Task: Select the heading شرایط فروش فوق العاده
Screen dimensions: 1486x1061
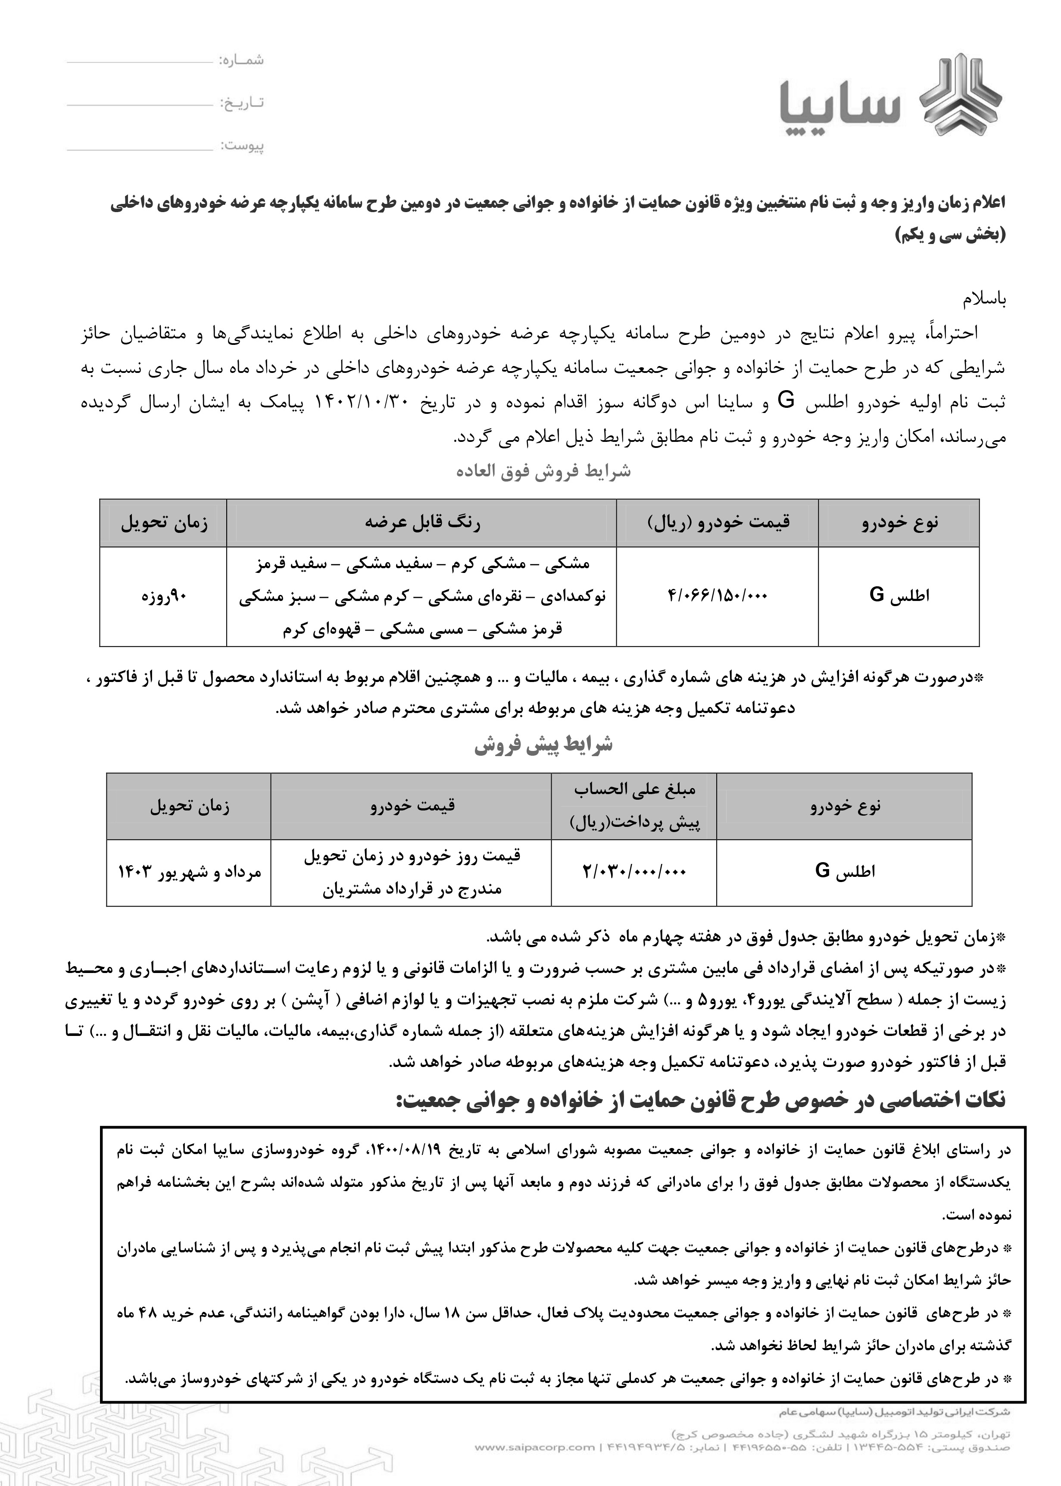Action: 543,472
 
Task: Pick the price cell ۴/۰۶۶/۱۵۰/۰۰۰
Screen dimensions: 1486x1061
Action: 718,596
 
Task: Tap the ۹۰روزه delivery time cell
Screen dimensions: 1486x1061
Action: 164,596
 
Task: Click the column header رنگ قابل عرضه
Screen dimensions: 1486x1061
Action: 422,523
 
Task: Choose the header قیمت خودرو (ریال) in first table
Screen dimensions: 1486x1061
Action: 718,523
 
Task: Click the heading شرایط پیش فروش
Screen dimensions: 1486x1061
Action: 543,745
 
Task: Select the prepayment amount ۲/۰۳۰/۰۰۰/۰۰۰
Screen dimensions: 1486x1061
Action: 634,872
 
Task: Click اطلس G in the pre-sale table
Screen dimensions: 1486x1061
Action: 844,872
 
